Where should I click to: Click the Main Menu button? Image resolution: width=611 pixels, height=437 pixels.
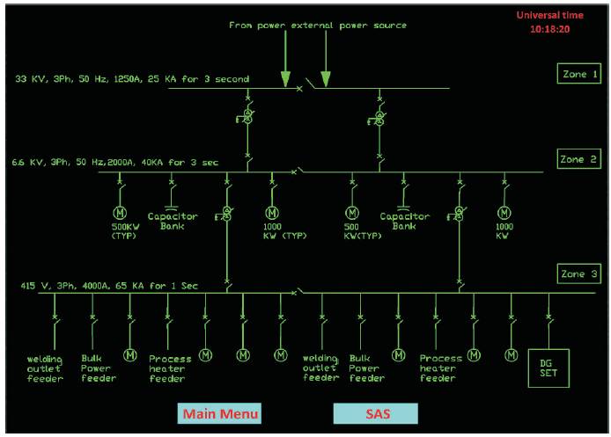point(220,413)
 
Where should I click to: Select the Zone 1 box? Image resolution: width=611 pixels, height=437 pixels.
point(579,75)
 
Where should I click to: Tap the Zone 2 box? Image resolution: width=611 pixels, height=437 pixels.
point(579,159)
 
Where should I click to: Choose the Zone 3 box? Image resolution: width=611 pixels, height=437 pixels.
point(579,275)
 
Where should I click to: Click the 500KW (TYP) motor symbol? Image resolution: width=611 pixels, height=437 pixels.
point(121,213)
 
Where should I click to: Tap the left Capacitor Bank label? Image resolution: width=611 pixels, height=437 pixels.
point(173,221)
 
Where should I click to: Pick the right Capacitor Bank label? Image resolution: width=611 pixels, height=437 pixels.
point(404,221)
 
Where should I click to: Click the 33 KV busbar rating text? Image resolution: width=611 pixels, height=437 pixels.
point(132,79)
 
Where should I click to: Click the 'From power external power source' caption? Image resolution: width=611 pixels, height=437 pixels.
point(318,25)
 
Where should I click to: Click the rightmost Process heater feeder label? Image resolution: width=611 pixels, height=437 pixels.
point(441,368)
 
